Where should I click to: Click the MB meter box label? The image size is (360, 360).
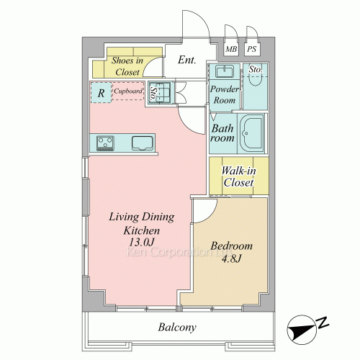pyautogui.click(x=231, y=49)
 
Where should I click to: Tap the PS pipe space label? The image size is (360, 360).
pyautogui.click(x=252, y=49)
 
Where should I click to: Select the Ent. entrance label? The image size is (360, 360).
pyautogui.click(x=187, y=60)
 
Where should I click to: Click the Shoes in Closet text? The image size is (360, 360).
pyautogui.click(x=127, y=66)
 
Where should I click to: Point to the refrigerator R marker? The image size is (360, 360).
pyautogui.click(x=101, y=93)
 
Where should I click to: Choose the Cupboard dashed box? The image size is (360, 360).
pyautogui.click(x=128, y=91)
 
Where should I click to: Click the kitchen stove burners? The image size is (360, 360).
pyautogui.click(x=105, y=143)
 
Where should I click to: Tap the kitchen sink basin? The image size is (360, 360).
pyautogui.click(x=143, y=143)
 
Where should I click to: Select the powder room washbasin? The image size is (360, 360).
pyautogui.click(x=225, y=71)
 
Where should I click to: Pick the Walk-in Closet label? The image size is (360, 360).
pyautogui.click(x=238, y=176)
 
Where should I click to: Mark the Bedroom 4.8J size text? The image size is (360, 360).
pyautogui.click(x=231, y=258)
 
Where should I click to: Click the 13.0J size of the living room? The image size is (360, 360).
pyautogui.click(x=141, y=242)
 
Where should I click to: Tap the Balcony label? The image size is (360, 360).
pyautogui.click(x=177, y=327)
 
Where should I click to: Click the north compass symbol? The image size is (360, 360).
pyautogui.click(x=305, y=330)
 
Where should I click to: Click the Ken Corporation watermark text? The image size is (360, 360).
pyautogui.click(x=179, y=252)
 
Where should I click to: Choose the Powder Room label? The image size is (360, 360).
pyautogui.click(x=225, y=94)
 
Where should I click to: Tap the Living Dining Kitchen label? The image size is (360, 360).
pyautogui.click(x=142, y=224)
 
